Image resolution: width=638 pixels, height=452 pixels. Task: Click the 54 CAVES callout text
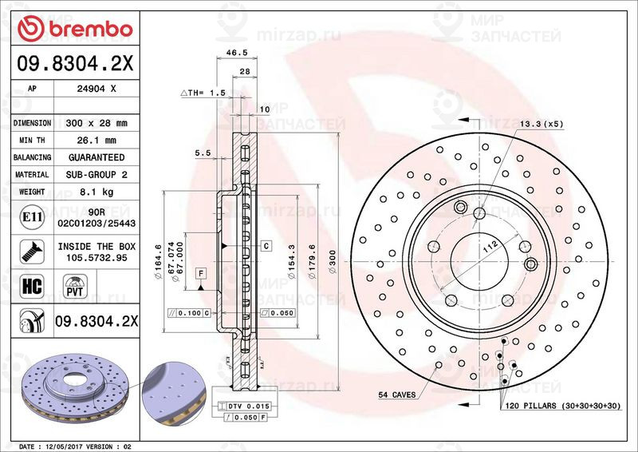397,395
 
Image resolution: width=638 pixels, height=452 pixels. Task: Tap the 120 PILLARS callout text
562,406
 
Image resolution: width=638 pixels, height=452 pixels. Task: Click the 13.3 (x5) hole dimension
542,124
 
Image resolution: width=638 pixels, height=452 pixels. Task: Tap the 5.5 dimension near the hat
203,152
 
